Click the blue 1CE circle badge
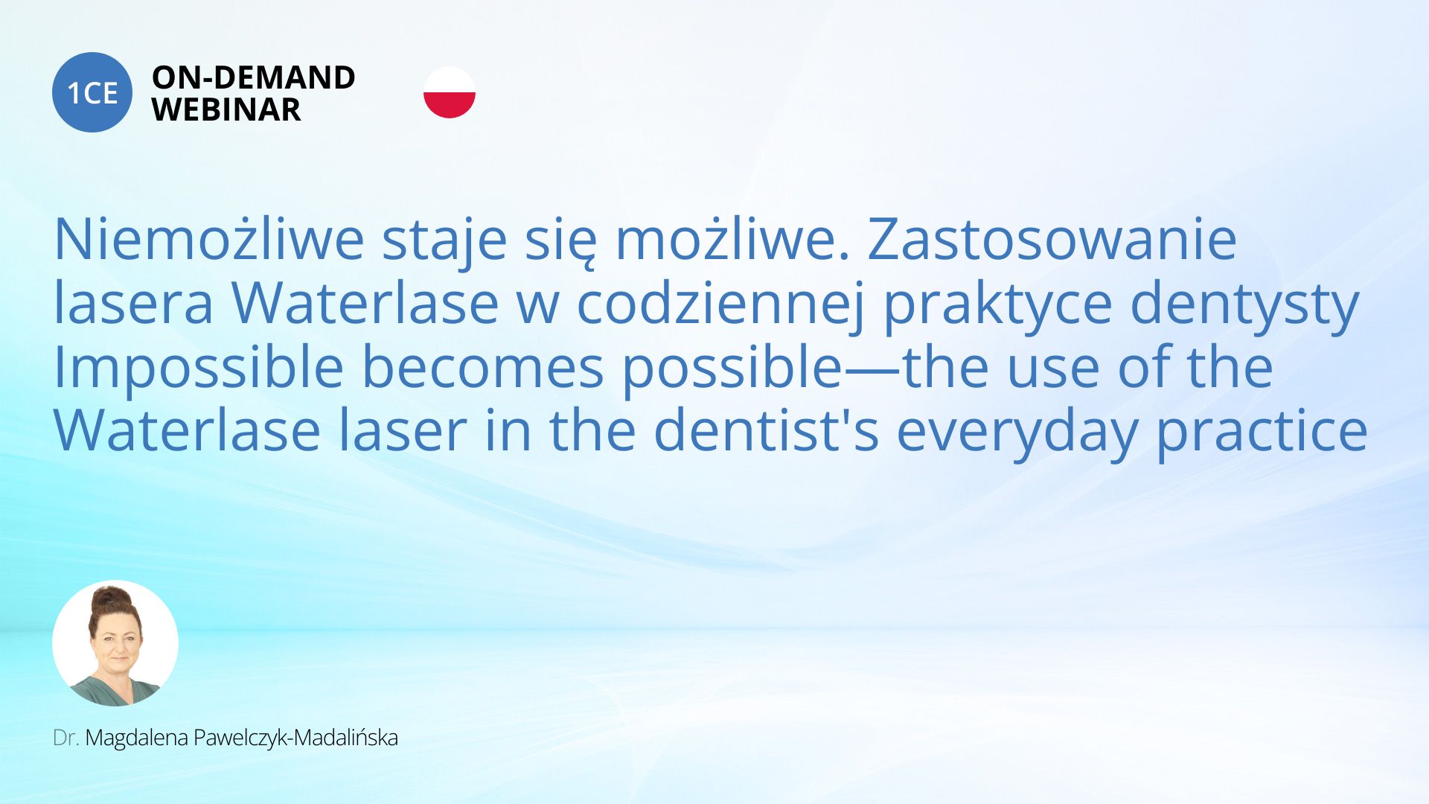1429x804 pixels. (x=92, y=92)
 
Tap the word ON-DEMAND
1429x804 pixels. (x=254, y=77)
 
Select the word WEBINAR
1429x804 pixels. (x=226, y=110)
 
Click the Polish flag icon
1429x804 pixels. (x=450, y=92)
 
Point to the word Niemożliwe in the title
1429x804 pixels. (x=209, y=240)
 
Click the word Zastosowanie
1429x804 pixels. (x=1052, y=240)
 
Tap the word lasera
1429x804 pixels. (x=134, y=303)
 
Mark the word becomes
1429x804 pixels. (x=482, y=367)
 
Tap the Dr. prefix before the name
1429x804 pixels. (x=66, y=738)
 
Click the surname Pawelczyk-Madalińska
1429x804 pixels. (x=295, y=738)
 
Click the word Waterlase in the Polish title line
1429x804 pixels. (x=365, y=303)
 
